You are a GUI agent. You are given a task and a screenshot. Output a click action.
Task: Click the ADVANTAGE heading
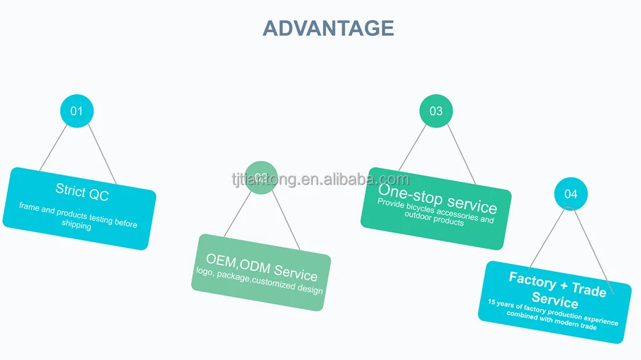click(328, 28)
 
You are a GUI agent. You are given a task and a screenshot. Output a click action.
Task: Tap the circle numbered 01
click(77, 111)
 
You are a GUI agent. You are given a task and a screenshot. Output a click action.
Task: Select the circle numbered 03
click(436, 111)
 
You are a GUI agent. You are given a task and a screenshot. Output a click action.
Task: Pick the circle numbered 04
click(570, 193)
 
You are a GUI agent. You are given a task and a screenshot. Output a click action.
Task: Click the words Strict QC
click(81, 192)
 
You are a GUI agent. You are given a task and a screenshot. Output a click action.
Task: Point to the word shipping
click(76, 225)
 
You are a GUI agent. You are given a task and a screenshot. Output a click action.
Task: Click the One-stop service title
click(437, 196)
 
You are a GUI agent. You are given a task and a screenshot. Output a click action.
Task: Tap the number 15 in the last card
click(492, 301)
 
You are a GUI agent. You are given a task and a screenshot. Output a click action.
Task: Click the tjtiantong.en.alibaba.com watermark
click(320, 179)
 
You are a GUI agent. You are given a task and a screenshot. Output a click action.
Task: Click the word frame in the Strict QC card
click(29, 206)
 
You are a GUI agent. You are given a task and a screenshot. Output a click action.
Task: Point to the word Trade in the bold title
click(588, 290)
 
